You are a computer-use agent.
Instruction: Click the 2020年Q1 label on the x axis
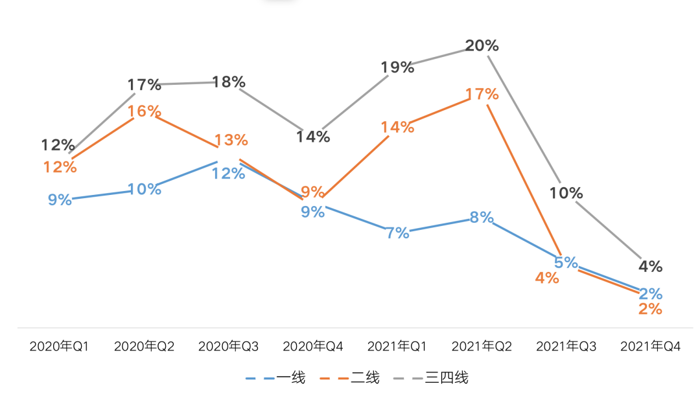pyautogui.click(x=59, y=346)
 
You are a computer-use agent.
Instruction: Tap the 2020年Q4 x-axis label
pyautogui.click(x=313, y=346)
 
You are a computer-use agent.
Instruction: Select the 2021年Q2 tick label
pyautogui.click(x=482, y=346)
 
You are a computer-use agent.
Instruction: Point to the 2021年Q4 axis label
pyautogui.click(x=651, y=346)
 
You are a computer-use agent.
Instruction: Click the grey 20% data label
pyautogui.click(x=482, y=46)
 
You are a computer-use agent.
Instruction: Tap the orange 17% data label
pyautogui.click(x=482, y=95)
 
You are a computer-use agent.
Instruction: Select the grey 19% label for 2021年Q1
pyautogui.click(x=397, y=67)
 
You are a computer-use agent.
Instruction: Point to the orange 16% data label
pyautogui.click(x=144, y=111)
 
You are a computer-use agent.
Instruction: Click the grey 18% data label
pyautogui.click(x=229, y=82)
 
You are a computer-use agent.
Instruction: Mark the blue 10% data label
pyautogui.click(x=144, y=189)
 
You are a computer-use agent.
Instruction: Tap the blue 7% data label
pyautogui.click(x=397, y=233)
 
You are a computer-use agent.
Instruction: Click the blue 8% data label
pyautogui.click(x=482, y=218)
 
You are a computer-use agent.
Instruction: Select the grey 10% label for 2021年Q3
pyautogui.click(x=566, y=193)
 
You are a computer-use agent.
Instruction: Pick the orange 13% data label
pyautogui.click(x=231, y=140)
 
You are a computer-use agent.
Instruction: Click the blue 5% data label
pyautogui.click(x=566, y=262)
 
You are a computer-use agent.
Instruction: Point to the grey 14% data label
pyautogui.click(x=313, y=137)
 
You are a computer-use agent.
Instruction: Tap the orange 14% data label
pyautogui.click(x=397, y=127)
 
